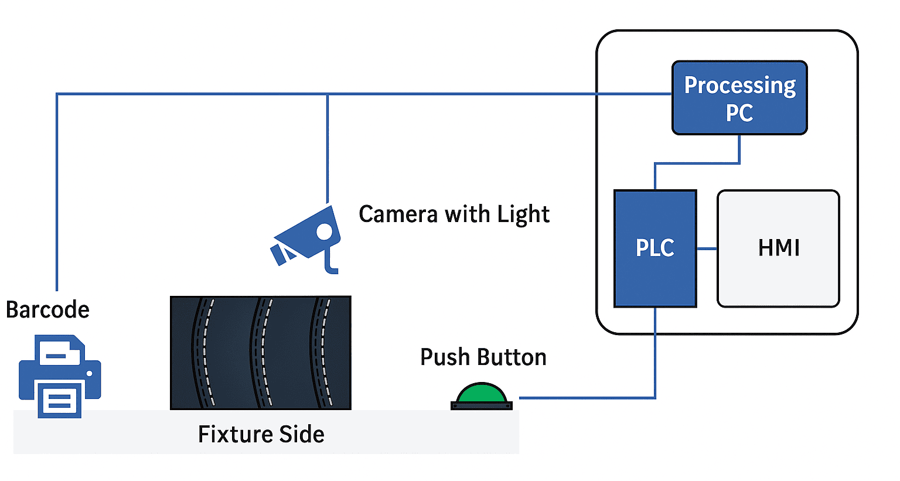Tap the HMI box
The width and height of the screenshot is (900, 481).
[x=778, y=248]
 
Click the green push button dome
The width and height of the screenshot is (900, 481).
[x=482, y=394]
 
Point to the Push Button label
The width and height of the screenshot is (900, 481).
[x=483, y=357]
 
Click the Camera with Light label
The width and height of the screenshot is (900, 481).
[x=454, y=214]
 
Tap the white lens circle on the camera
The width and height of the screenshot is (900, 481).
[x=324, y=231]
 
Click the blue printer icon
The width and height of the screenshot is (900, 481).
[x=60, y=376]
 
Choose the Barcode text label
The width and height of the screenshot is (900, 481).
[x=47, y=309]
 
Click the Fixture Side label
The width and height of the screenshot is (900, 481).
[x=261, y=434]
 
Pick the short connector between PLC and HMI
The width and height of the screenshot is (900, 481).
[x=707, y=248]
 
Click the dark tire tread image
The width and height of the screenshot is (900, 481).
[x=260, y=353]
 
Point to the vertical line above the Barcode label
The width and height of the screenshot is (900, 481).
[x=57, y=193]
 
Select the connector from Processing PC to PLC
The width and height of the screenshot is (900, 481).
[x=697, y=163]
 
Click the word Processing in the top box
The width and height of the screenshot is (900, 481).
[x=739, y=86]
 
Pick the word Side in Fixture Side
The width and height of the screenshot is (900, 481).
[x=301, y=434]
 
